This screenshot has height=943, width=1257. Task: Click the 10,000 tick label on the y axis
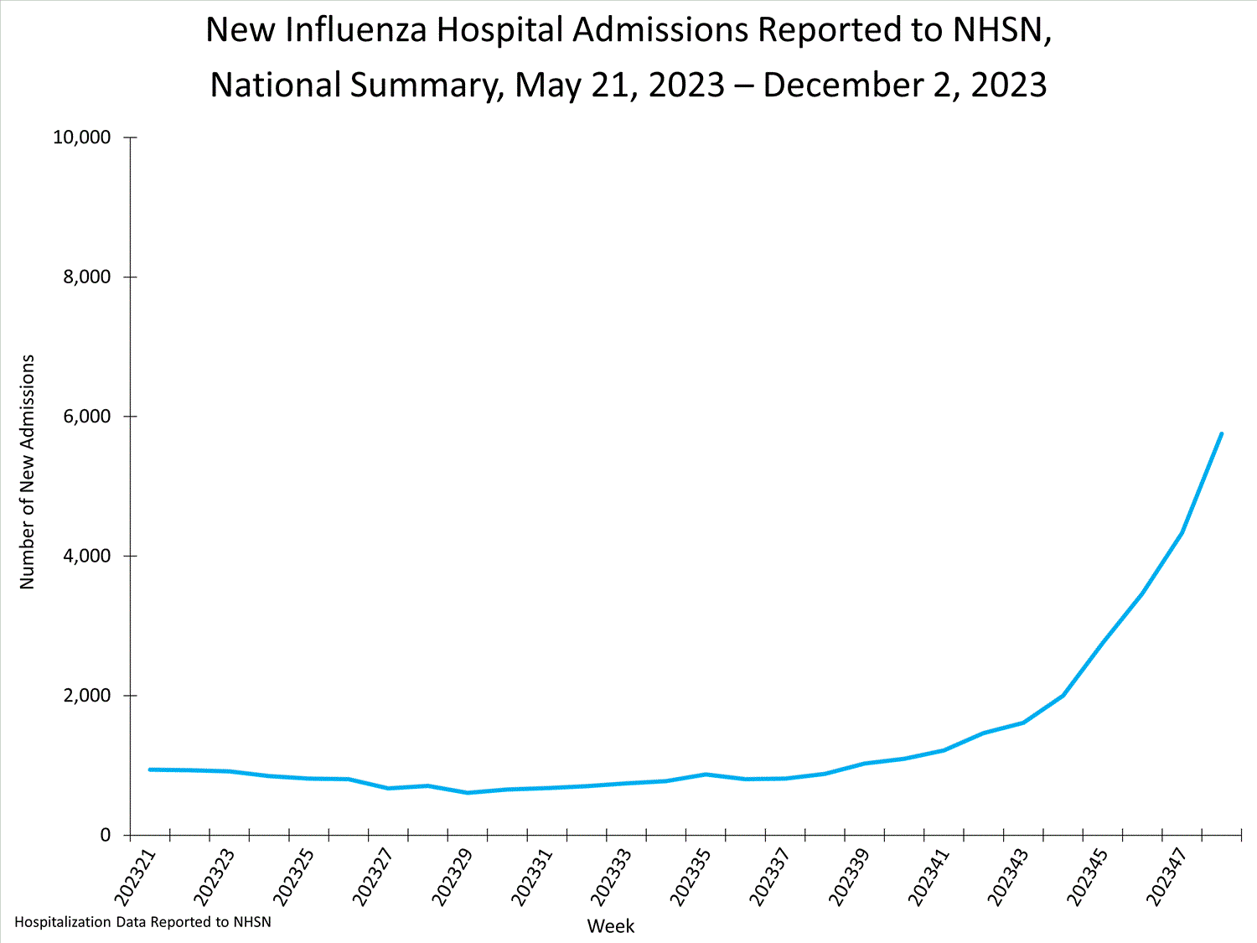[82, 137]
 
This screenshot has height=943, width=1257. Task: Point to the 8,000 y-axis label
[87, 277]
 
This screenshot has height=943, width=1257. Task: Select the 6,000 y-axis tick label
[87, 417]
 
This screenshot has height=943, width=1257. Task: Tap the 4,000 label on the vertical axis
[87, 557]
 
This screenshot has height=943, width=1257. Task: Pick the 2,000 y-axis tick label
[87, 696]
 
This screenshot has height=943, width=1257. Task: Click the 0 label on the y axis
[106, 835]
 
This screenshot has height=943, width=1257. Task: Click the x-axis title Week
[610, 926]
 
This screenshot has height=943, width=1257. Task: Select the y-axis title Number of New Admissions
[28, 472]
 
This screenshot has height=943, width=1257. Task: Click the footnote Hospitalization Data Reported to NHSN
[142, 922]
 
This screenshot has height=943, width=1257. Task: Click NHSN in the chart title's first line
[997, 30]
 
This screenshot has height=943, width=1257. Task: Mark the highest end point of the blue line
[1221, 434]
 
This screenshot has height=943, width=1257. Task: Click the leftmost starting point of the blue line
[150, 769]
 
